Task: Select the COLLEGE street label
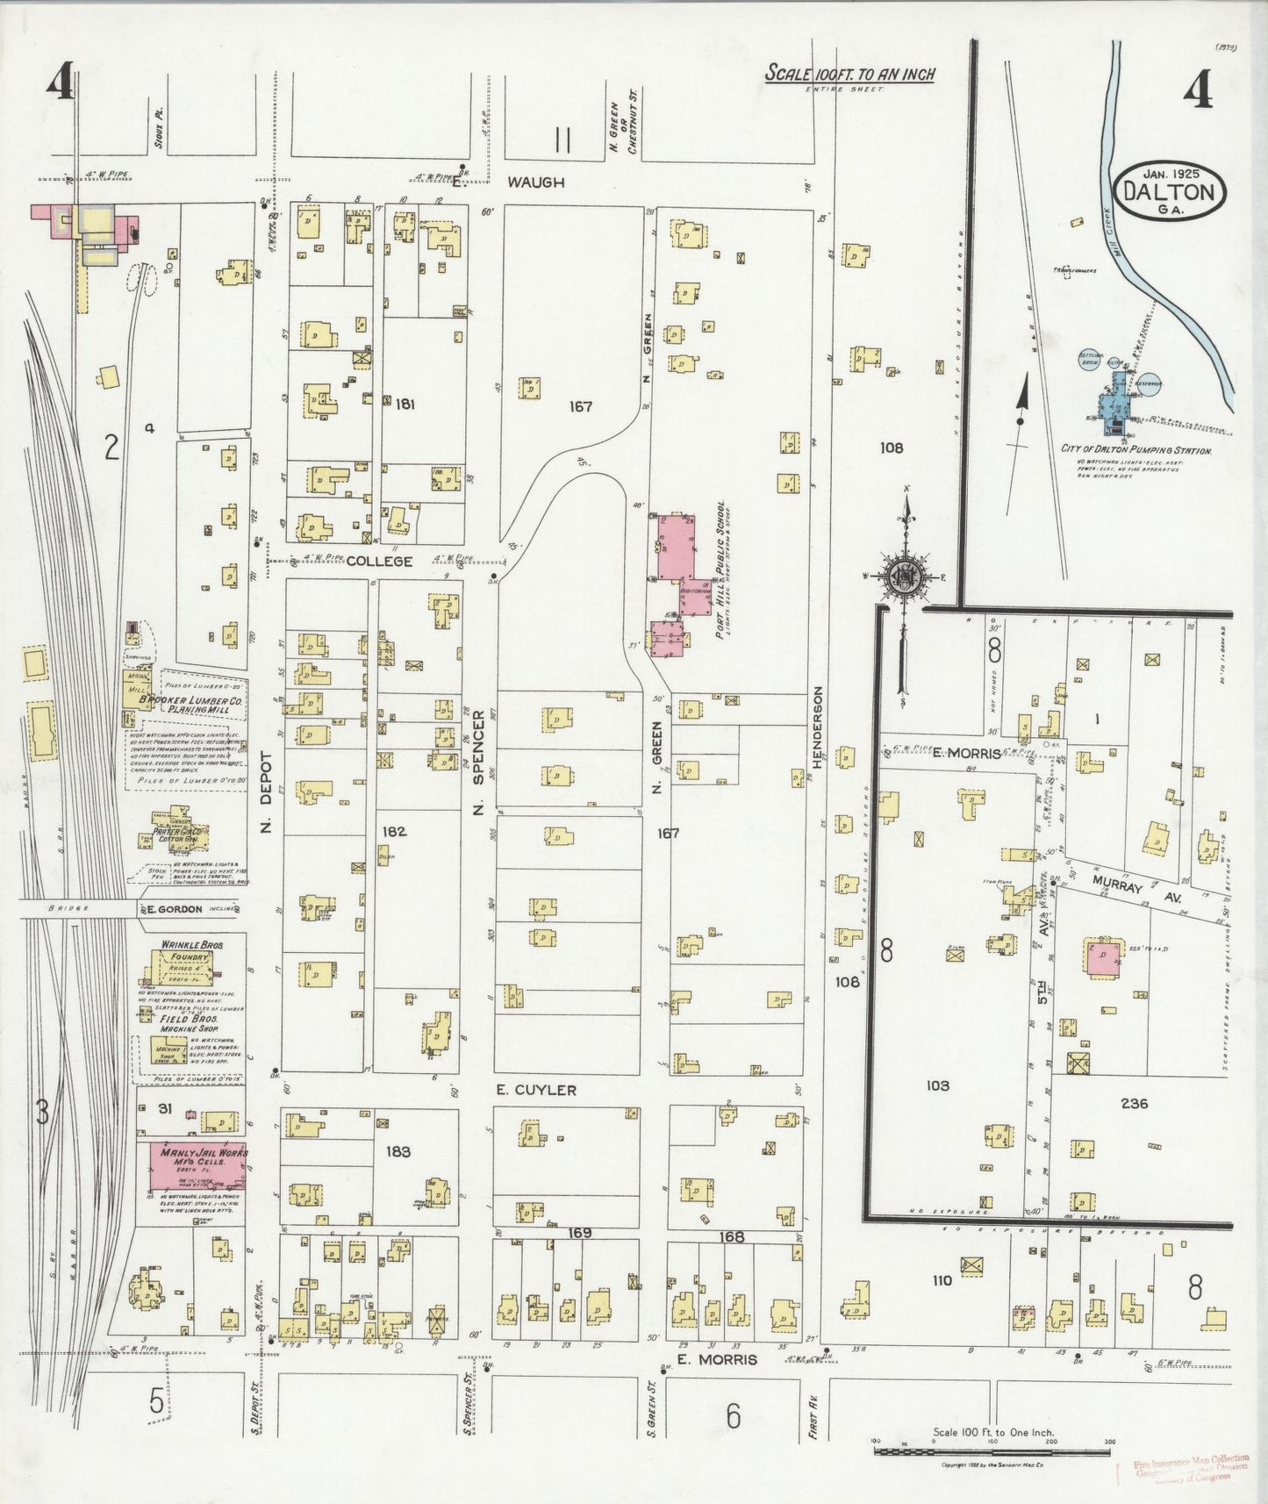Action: pyautogui.click(x=379, y=561)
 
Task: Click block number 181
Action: pyautogui.click(x=405, y=405)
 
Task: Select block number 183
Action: pyautogui.click(x=398, y=1150)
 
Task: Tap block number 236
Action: pyautogui.click(x=1134, y=1103)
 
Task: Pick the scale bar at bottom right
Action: pyautogui.click(x=992, y=1450)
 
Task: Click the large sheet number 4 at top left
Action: pyautogui.click(x=61, y=85)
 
